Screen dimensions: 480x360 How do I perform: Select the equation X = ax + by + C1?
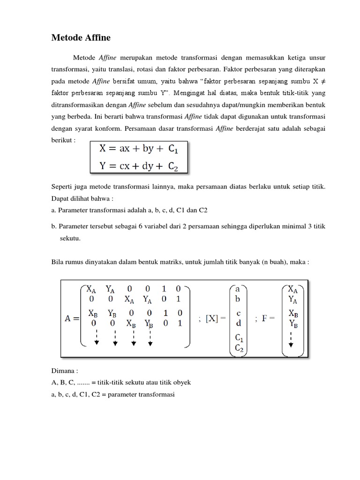pyautogui.click(x=138, y=150)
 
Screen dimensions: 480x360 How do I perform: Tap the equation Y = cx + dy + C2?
pyautogui.click(x=138, y=166)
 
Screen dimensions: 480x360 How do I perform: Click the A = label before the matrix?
pyautogui.click(x=71, y=319)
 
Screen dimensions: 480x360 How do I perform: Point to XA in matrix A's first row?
pyautogui.click(x=91, y=289)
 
